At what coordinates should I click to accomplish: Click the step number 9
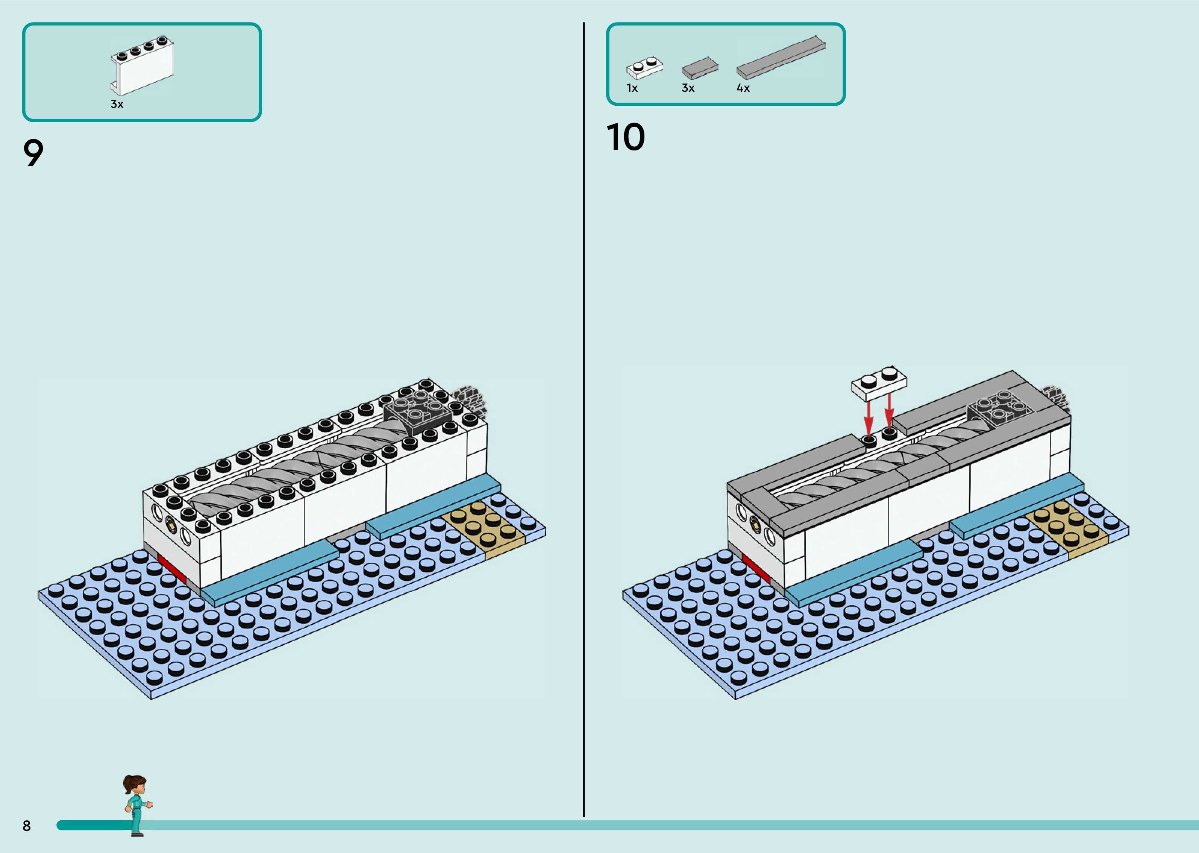[x=33, y=153]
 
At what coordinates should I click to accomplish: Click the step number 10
[x=625, y=138]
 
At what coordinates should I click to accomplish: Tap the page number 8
[x=27, y=826]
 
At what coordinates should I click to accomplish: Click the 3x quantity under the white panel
[x=117, y=104]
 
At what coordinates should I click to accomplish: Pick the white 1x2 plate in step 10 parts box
[x=644, y=68]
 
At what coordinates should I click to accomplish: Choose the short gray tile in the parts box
[x=700, y=68]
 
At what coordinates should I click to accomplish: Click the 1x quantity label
[x=632, y=88]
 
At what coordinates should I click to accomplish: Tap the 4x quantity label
[x=743, y=88]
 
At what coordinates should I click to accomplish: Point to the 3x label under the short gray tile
[x=688, y=88]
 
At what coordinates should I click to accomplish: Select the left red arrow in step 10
[x=869, y=417]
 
